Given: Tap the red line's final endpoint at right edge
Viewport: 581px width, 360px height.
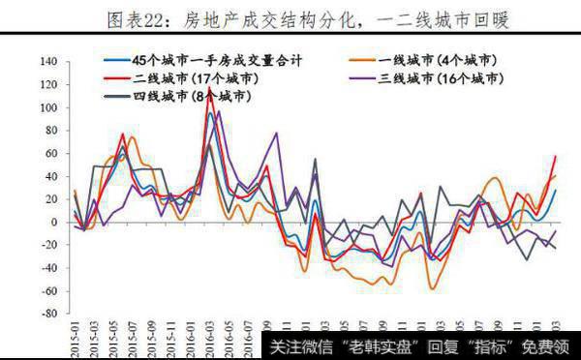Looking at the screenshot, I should (x=555, y=156).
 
